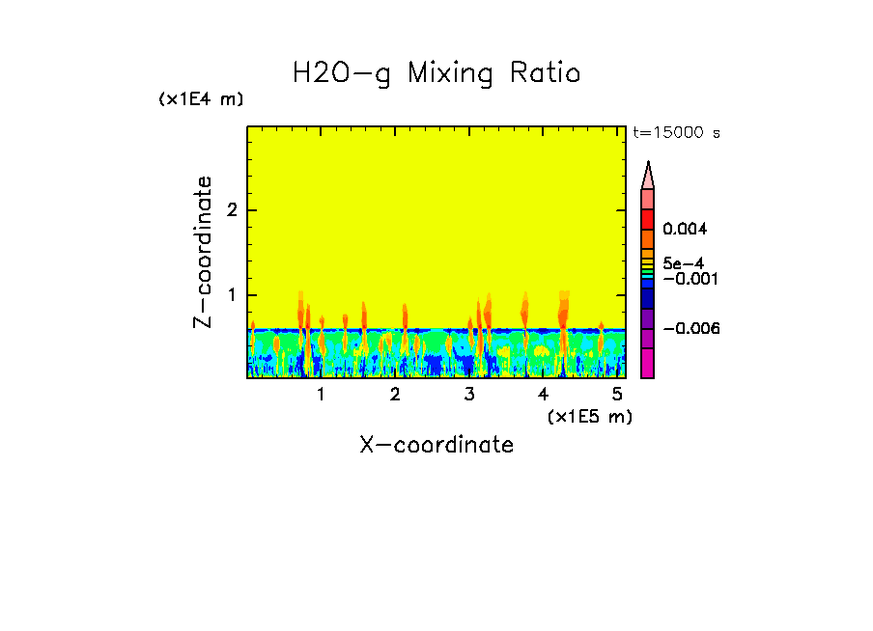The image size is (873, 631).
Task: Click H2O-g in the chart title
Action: click(x=342, y=74)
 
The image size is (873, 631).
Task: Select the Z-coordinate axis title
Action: click(x=203, y=252)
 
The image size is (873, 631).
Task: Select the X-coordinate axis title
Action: click(x=436, y=445)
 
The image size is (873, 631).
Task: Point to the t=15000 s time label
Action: click(x=676, y=133)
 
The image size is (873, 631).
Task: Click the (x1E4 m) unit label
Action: click(x=201, y=99)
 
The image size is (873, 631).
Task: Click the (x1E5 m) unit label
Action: click(x=589, y=416)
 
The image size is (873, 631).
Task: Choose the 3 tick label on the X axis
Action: click(x=469, y=395)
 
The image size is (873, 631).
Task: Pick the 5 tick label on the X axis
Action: click(x=616, y=395)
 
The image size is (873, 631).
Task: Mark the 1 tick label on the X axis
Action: click(x=321, y=395)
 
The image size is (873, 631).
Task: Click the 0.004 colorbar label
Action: click(x=685, y=230)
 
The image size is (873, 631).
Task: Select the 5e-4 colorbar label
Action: click(x=683, y=262)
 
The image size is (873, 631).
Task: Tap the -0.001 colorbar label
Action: click(x=687, y=278)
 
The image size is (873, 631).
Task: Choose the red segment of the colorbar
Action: click(x=648, y=219)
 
